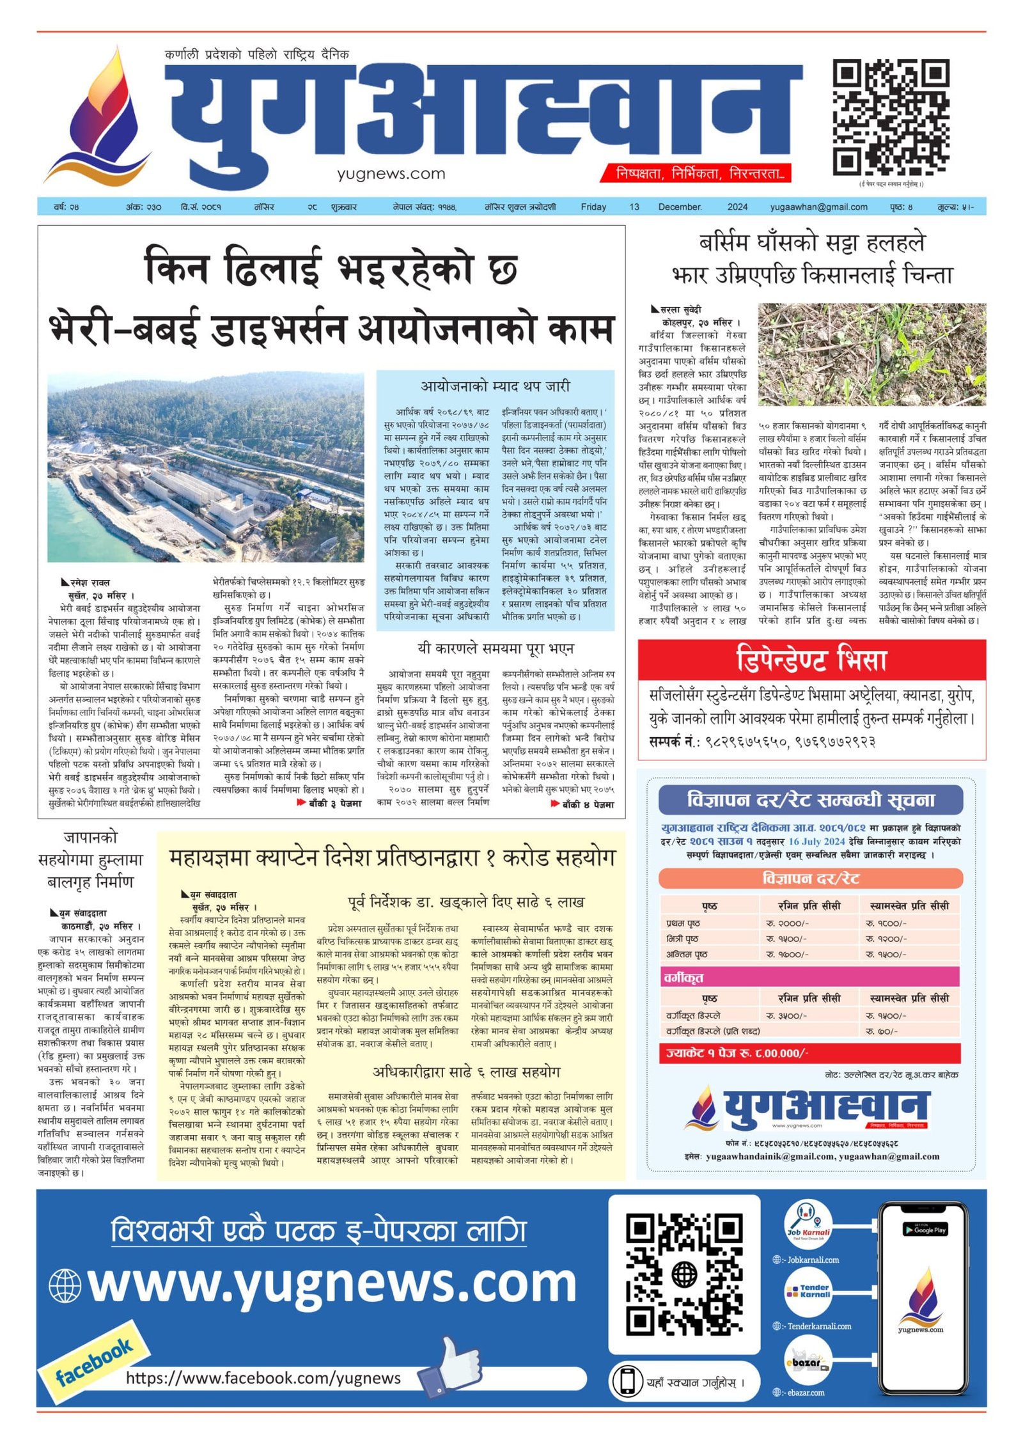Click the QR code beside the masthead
[x=890, y=116]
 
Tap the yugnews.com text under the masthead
[x=391, y=173]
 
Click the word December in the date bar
[x=679, y=207]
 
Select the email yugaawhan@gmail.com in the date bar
[x=818, y=207]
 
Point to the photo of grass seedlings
[x=871, y=354]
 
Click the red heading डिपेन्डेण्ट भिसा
[x=811, y=659]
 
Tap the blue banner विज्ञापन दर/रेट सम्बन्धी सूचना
[x=810, y=799]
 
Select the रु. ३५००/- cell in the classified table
[x=786, y=1015]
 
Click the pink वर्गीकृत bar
[x=810, y=977]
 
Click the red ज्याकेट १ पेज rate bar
[x=810, y=1053]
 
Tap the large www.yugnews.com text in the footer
[x=332, y=1283]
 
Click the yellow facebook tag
[x=95, y=1361]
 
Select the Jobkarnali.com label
[x=813, y=1260]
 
